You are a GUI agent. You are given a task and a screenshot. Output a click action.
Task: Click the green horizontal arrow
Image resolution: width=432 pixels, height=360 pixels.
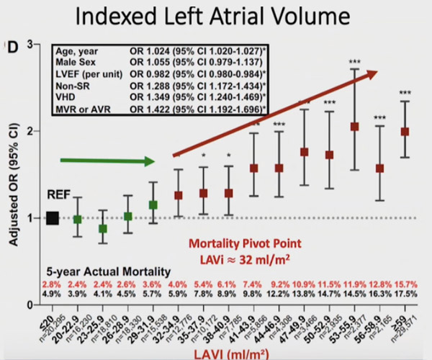109,161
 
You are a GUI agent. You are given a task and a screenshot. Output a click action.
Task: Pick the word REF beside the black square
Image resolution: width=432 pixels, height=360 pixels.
38,195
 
